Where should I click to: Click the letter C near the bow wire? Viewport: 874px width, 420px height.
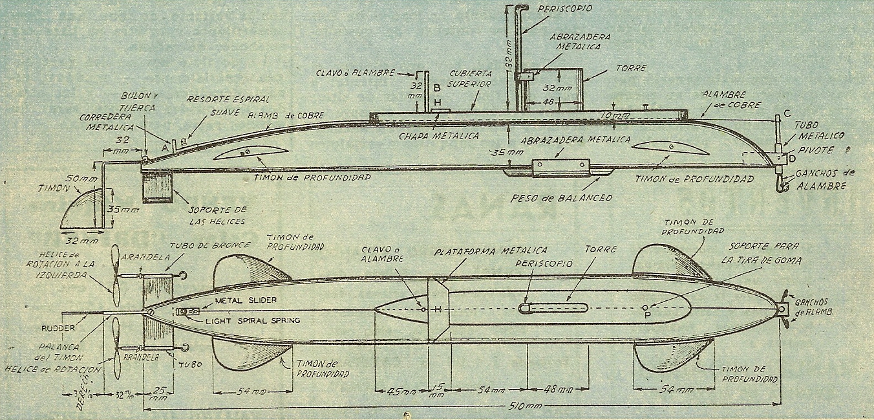click(786, 114)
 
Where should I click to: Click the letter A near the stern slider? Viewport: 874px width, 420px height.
click(165, 148)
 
